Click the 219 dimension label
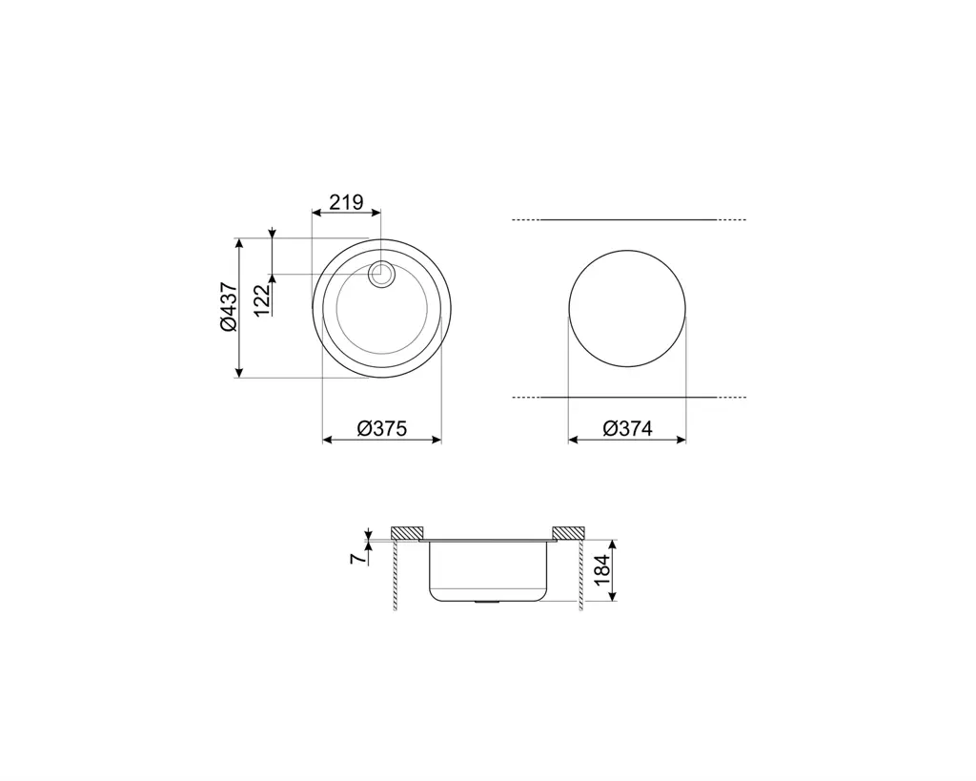click(346, 202)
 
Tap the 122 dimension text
click(263, 298)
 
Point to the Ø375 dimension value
click(381, 428)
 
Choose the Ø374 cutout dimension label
click(627, 428)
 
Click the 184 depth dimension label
click(602, 570)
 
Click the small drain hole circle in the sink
click(379, 274)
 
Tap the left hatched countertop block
click(407, 532)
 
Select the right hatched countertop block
click(568, 532)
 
